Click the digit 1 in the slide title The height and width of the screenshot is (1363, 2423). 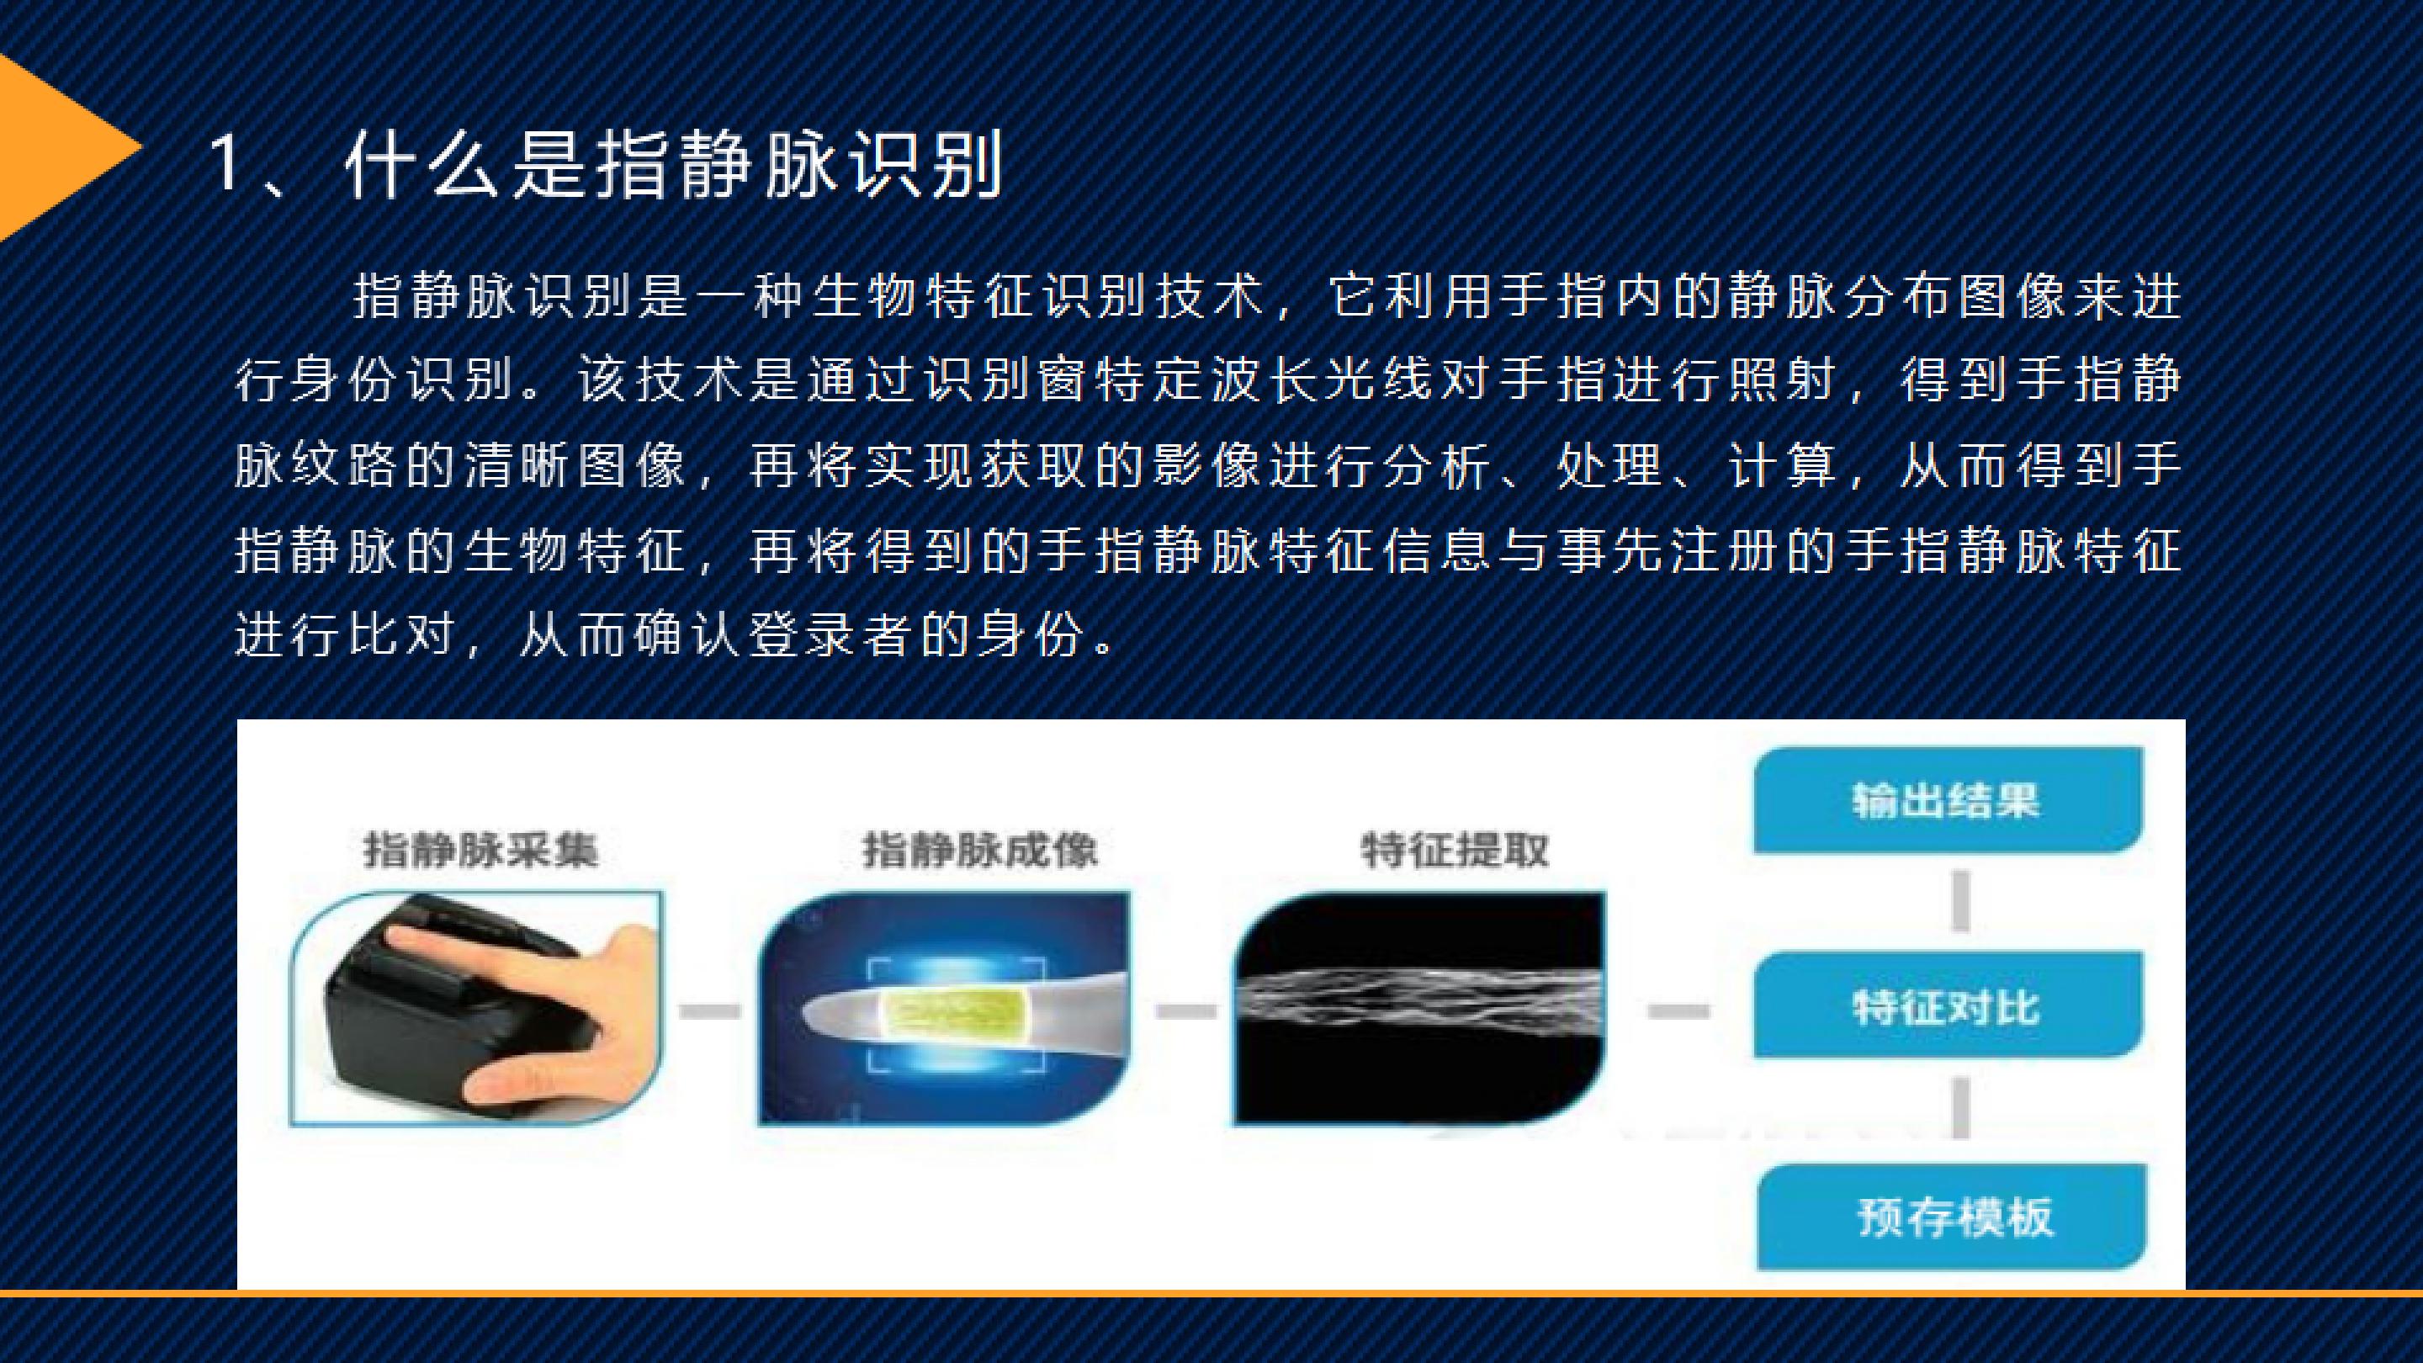coord(225,164)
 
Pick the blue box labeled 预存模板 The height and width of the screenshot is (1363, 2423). coord(1953,1217)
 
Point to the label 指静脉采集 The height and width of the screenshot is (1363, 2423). coord(480,851)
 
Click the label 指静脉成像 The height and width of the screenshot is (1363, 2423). coord(979,851)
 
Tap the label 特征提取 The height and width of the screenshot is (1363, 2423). coord(1454,851)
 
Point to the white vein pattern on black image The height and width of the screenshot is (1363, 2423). coord(1420,1007)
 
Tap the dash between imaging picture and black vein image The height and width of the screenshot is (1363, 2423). coord(1185,1011)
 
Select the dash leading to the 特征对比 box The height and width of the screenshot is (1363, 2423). coord(1679,1011)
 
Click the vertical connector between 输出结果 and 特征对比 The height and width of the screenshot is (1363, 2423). coord(1961,901)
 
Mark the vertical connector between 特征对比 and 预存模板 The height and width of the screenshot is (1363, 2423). coord(1961,1108)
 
